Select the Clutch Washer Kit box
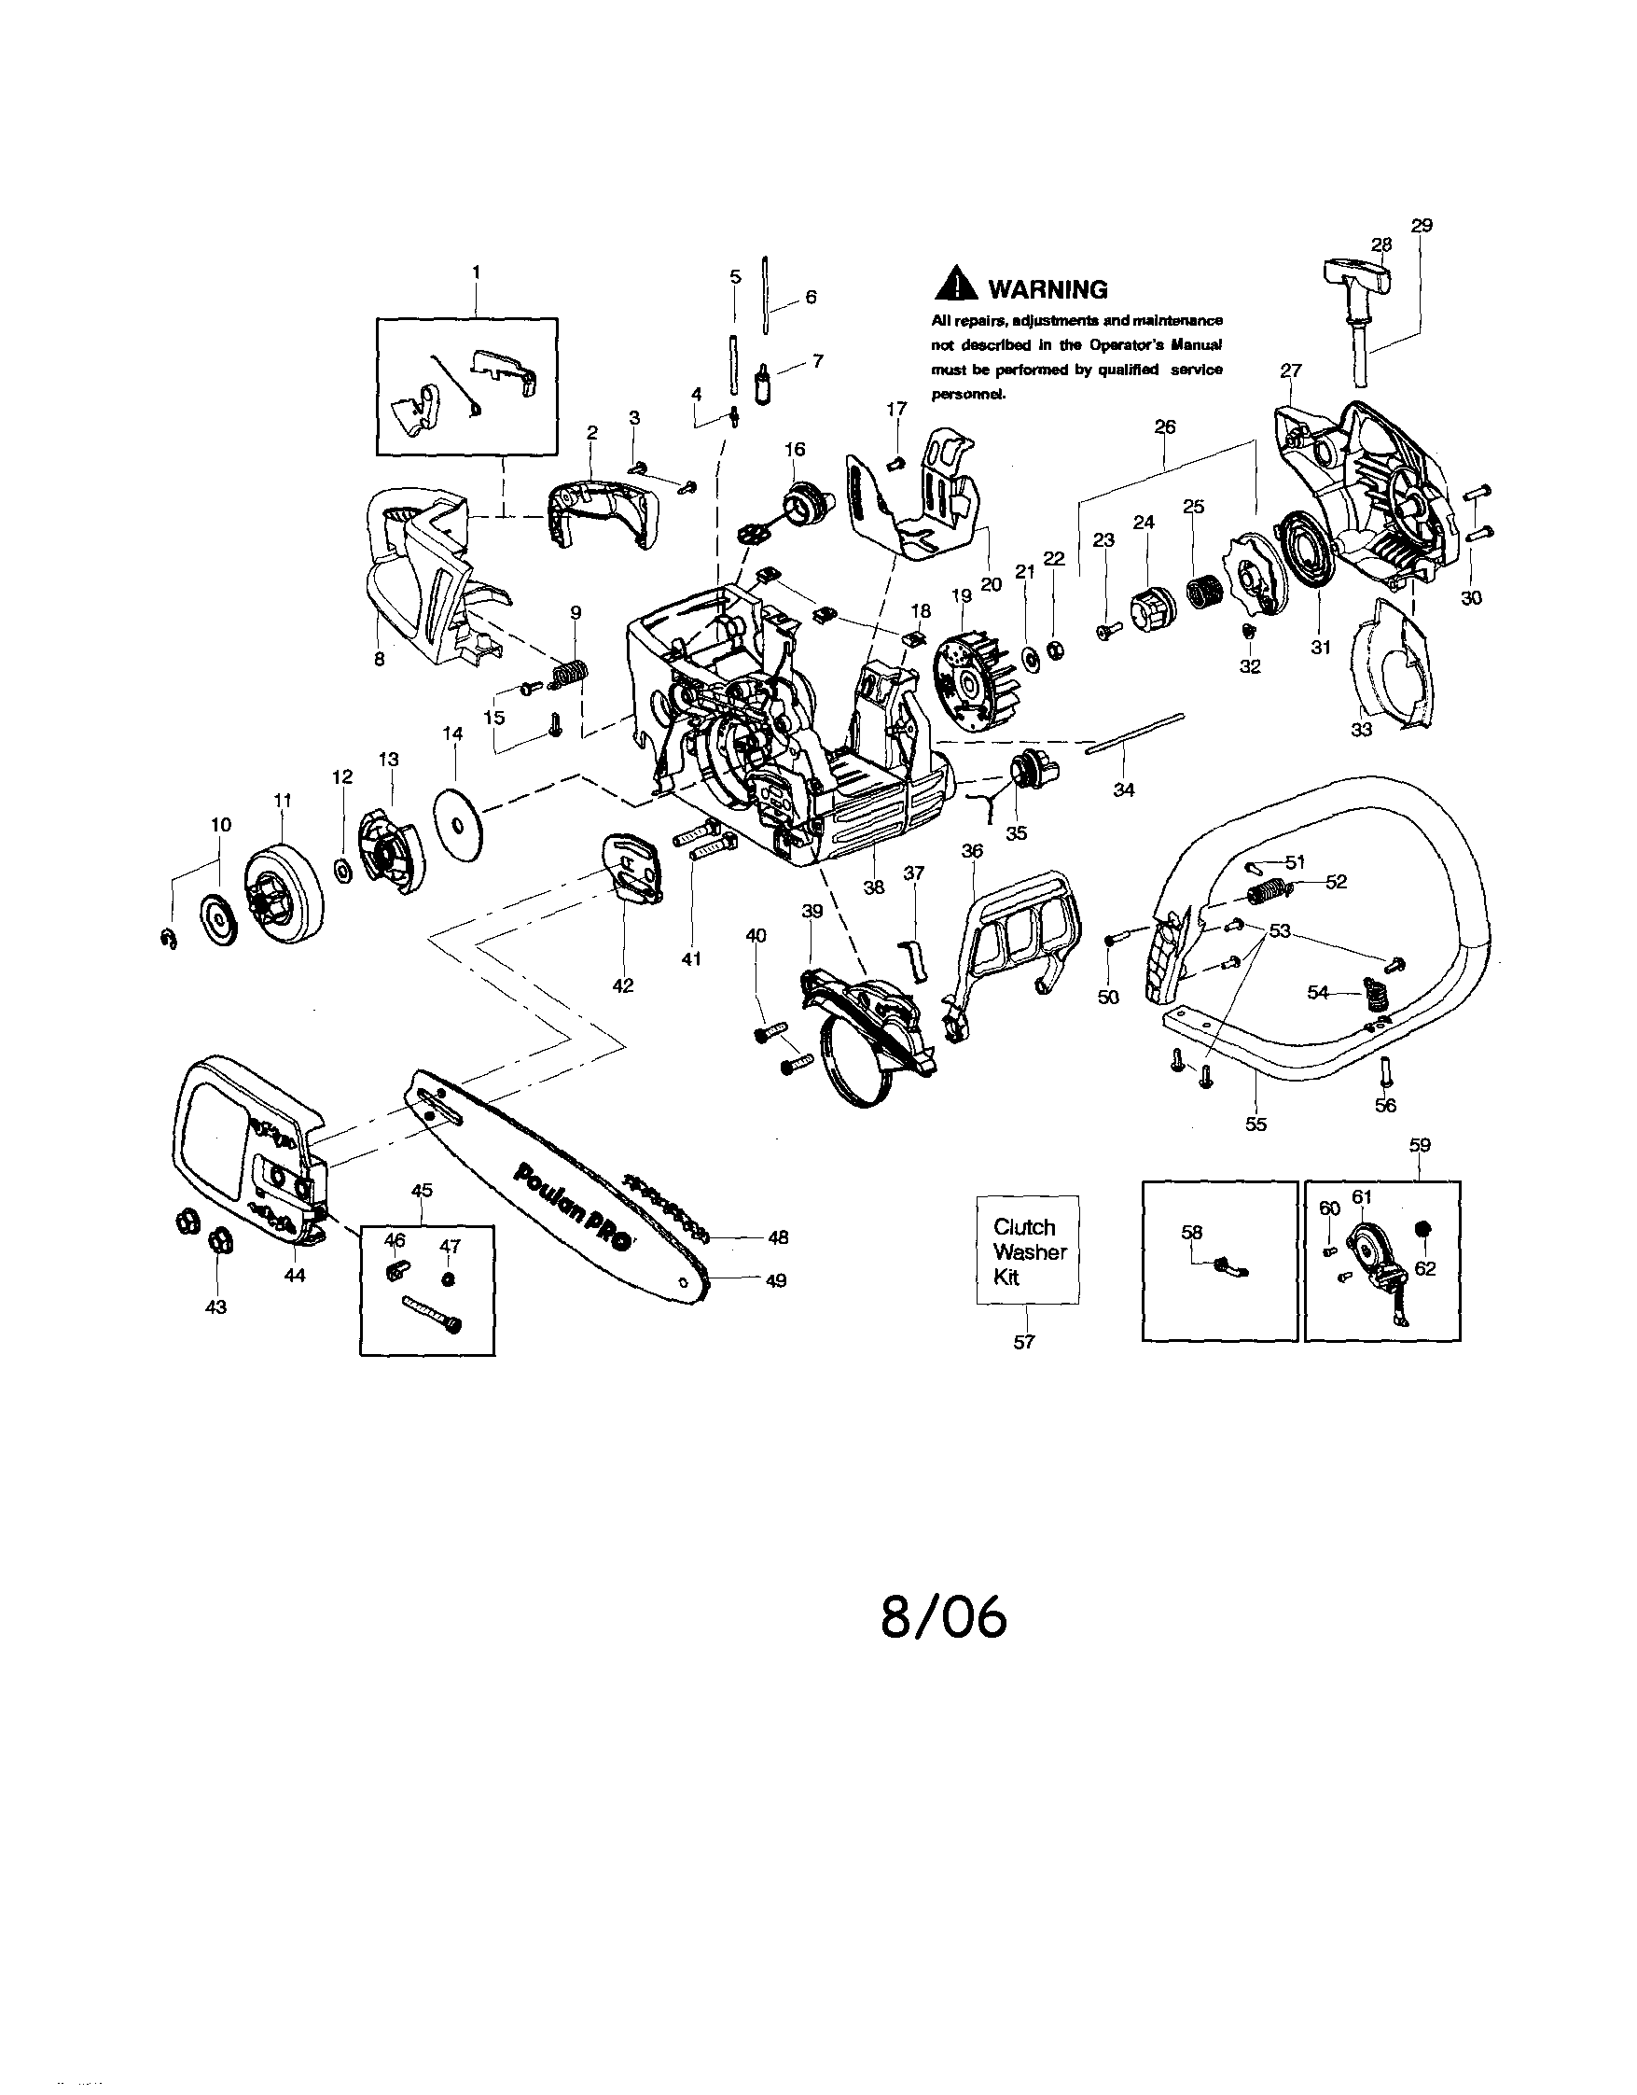tap(1028, 1250)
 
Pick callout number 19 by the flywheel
tap(961, 594)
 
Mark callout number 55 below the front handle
tap(1255, 1124)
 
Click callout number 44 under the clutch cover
tap(295, 1275)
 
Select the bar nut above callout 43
tap(216, 1244)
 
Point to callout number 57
tap(1024, 1342)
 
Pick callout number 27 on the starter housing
tap(1290, 370)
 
